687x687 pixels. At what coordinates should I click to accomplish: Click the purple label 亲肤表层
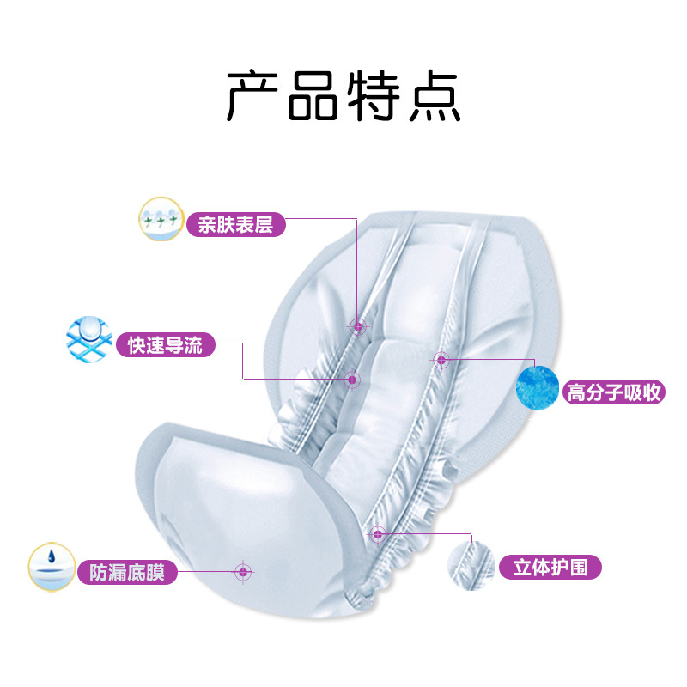tap(235, 225)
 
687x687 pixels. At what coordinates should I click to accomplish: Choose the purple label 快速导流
tap(166, 345)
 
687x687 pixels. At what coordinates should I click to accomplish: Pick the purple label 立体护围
tap(550, 568)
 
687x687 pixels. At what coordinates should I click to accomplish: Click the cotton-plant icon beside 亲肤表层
tap(161, 221)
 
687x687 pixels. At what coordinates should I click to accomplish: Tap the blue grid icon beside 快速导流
tap(89, 339)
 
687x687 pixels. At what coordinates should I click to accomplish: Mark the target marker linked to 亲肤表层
tap(356, 325)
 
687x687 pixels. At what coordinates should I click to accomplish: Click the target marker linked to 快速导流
tap(351, 378)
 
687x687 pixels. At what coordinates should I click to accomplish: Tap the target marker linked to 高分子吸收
tap(441, 360)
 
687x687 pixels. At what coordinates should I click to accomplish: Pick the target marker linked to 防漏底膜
tap(243, 571)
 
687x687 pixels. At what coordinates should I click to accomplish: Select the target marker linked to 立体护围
tap(377, 534)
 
